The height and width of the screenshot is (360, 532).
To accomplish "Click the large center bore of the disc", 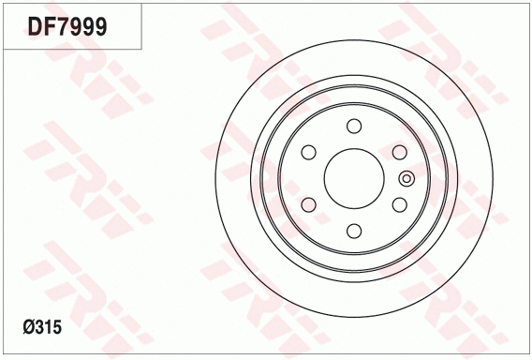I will [x=353, y=178].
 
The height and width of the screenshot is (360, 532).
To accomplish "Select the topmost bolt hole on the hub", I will [x=353, y=127].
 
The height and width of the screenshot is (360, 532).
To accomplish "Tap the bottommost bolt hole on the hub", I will [x=353, y=230].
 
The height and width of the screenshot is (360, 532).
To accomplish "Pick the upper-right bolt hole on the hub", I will [x=398, y=152].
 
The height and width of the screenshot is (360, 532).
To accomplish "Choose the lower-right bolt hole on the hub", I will [x=398, y=204].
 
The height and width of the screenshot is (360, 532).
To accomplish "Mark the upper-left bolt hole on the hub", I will [x=308, y=152].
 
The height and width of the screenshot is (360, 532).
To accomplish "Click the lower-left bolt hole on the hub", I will [x=308, y=204].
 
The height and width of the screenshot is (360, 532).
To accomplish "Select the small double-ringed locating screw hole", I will [x=406, y=178].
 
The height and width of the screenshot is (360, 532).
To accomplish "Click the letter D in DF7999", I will [x=35, y=27].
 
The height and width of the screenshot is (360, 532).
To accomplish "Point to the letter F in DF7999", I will [x=50, y=27].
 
